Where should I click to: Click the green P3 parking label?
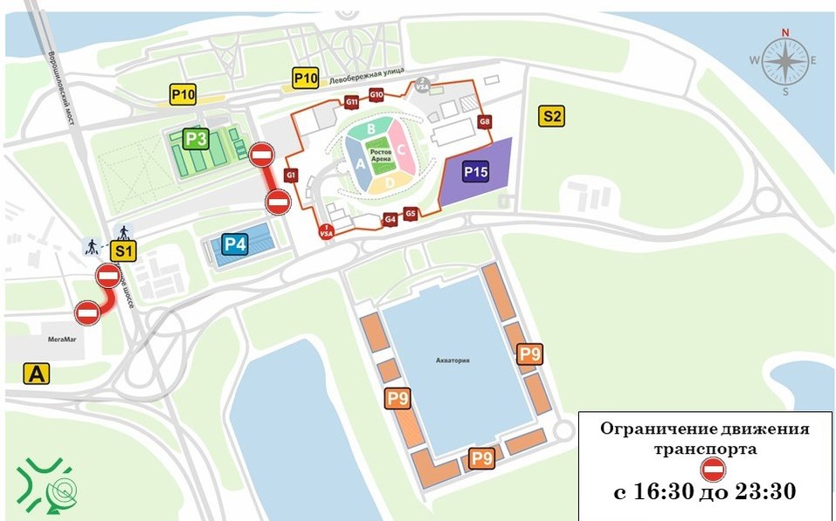click(x=196, y=139)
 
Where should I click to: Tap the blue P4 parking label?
click(x=234, y=243)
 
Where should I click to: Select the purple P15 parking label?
click(x=475, y=173)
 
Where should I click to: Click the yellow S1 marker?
click(x=124, y=251)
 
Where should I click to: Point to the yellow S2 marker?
click(x=551, y=116)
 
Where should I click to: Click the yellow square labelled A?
click(x=36, y=374)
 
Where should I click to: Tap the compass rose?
click(x=784, y=60)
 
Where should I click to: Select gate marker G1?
click(x=291, y=176)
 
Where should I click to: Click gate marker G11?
click(x=351, y=102)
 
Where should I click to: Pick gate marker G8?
click(x=484, y=121)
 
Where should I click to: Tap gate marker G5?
click(x=411, y=214)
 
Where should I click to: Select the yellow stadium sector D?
click(x=390, y=182)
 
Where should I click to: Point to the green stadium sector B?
click(x=371, y=129)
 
